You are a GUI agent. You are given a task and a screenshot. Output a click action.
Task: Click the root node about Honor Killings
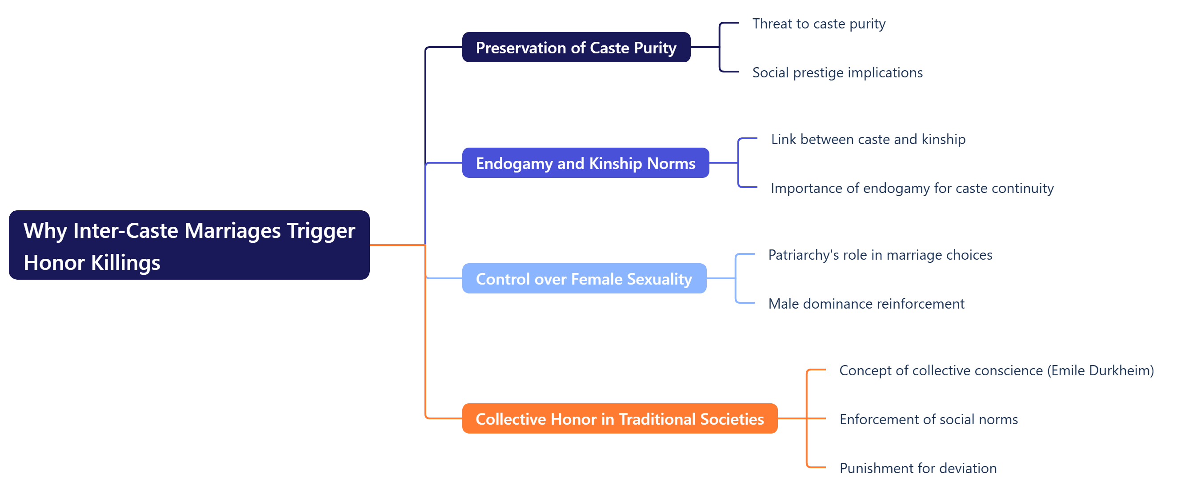[189, 245]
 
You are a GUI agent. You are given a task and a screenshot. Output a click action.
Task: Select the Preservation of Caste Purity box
[576, 48]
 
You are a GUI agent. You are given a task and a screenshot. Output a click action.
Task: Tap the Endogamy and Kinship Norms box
[585, 163]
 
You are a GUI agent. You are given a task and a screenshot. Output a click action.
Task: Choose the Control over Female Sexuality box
[584, 279]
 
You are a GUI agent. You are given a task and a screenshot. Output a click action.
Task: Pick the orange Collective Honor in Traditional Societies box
[620, 418]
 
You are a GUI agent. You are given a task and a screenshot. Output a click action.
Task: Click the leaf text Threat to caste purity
[818, 24]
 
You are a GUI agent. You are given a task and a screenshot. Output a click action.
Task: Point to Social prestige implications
[837, 72]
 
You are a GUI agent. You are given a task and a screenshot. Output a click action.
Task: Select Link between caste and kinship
[868, 139]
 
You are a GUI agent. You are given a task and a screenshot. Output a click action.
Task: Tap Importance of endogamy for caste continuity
[912, 188]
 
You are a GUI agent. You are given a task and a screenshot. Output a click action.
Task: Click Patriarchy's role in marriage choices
[880, 255]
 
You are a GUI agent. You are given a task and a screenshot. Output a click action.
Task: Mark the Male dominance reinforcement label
[866, 304]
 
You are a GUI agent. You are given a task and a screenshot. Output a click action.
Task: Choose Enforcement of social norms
[928, 419]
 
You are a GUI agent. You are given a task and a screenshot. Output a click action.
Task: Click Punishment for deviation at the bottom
[917, 468]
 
